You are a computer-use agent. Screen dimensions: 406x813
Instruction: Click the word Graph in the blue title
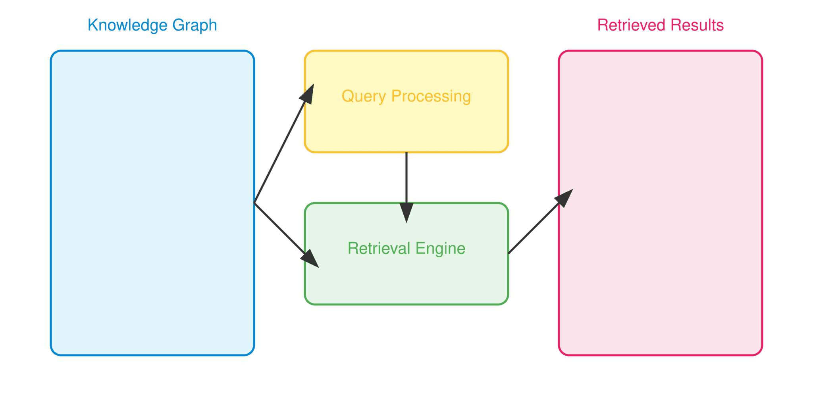pos(195,25)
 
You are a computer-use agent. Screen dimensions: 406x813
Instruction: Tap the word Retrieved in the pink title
pos(631,25)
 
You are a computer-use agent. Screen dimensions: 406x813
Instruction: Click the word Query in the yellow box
pos(364,96)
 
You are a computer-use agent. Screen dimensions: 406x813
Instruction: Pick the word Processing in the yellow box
pos(431,96)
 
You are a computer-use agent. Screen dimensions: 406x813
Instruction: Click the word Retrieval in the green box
pos(379,249)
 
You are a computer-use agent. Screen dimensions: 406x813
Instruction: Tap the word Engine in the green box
pos(440,249)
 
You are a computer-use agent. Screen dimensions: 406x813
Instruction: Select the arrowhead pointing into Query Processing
pos(308,94)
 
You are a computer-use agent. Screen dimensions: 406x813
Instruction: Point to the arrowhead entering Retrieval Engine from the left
pos(310,259)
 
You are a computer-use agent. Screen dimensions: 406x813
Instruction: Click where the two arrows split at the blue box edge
pos(254,203)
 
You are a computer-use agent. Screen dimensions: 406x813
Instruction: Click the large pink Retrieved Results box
pos(661,278)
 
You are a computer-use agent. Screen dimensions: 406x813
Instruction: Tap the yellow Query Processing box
pos(406,127)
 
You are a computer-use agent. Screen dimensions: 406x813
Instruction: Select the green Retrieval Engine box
pos(406,282)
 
